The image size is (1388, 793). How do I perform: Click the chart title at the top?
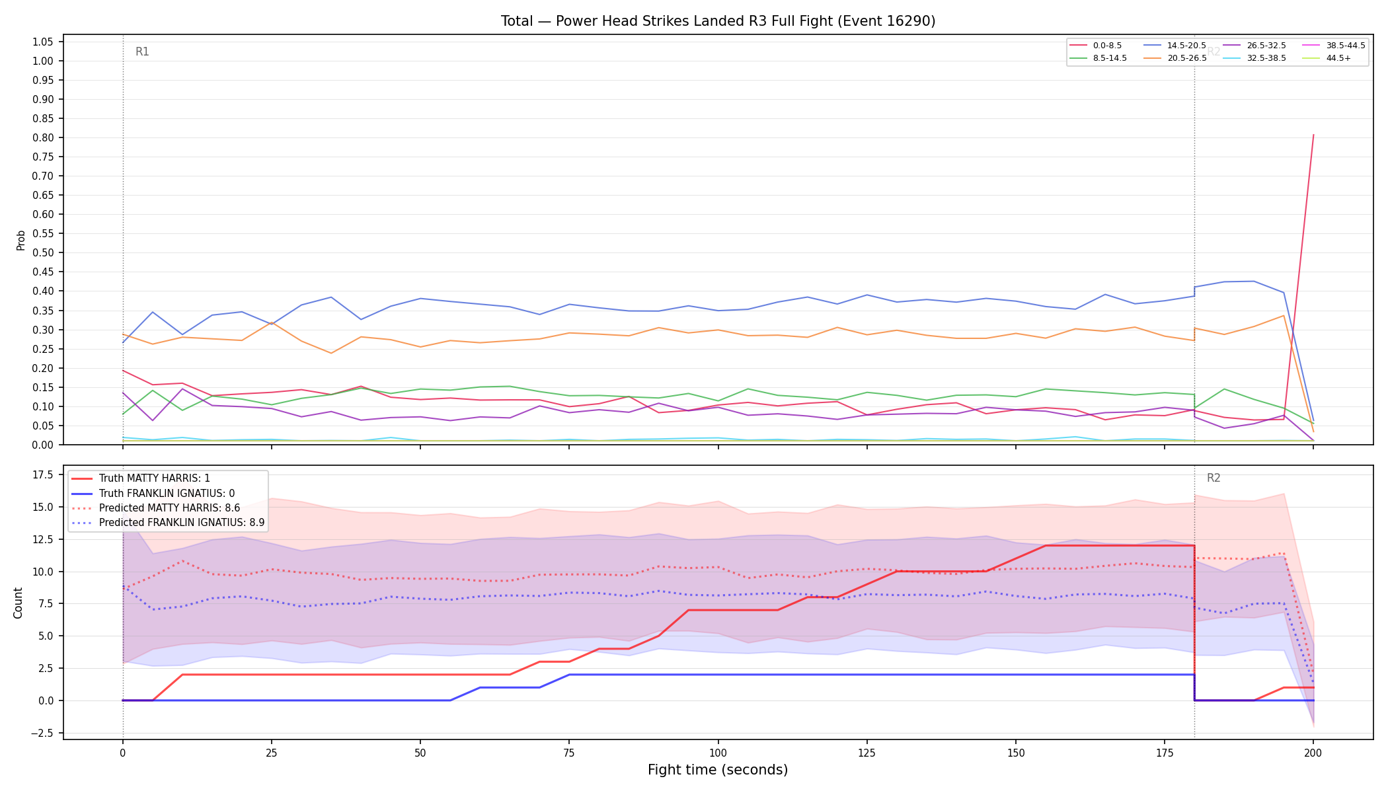click(718, 21)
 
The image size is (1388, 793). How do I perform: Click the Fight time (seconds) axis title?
click(718, 770)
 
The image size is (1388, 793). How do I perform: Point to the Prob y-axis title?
click(20, 240)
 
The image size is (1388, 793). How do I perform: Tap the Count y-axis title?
click(18, 603)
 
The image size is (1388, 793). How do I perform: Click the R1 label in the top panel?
click(142, 52)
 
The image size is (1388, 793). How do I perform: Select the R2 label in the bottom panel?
click(1214, 478)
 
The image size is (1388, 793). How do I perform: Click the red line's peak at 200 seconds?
click(1313, 135)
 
